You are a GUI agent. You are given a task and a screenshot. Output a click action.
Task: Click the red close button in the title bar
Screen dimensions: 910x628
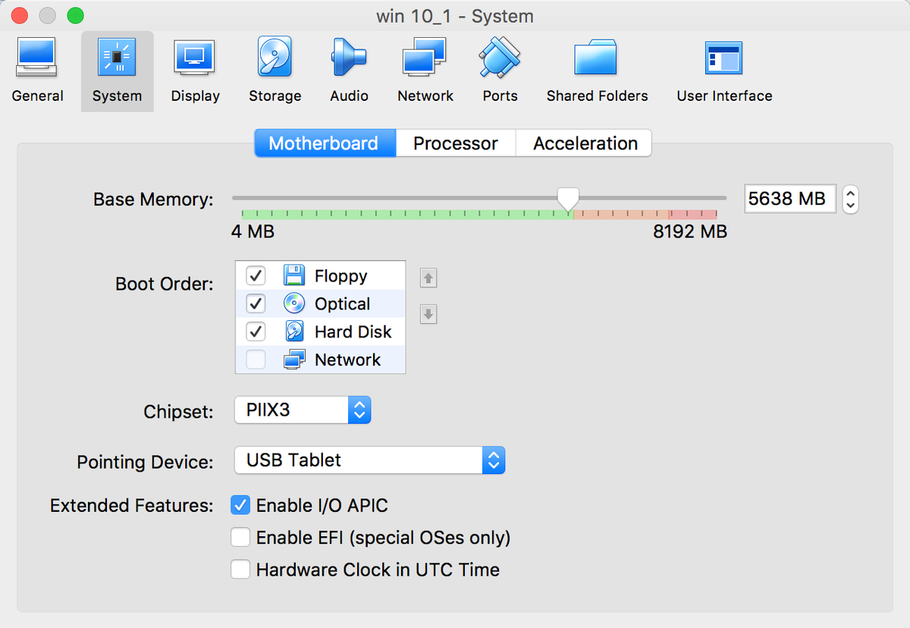20,16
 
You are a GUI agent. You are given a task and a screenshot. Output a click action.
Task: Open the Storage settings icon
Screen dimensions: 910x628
275,56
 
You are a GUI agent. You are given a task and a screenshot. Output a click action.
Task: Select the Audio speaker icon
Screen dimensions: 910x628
349,57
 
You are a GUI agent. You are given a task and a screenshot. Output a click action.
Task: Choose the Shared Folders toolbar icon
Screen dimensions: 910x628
595,57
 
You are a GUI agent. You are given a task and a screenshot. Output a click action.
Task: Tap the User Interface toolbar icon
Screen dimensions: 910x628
723,58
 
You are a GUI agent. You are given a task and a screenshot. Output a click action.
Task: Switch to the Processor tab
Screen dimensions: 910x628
456,143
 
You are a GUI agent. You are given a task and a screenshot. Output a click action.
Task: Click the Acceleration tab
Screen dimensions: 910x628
584,143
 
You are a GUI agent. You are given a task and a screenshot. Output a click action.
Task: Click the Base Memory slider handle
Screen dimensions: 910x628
567,199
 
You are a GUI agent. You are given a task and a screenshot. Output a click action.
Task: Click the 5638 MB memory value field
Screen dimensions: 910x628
789,199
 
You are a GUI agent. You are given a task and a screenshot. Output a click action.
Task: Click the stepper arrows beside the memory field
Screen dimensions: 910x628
850,199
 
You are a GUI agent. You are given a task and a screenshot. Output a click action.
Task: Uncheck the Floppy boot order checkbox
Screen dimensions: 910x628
256,275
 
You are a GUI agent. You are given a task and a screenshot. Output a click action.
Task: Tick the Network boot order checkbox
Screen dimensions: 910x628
256,360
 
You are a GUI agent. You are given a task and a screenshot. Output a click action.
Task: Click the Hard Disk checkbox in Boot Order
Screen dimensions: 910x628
256,331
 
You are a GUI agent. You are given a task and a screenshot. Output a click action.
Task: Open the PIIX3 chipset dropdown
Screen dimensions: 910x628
303,410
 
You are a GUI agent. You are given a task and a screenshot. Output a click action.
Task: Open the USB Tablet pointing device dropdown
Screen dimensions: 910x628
370,460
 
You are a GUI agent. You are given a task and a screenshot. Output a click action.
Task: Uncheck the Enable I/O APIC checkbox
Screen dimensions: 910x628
240,505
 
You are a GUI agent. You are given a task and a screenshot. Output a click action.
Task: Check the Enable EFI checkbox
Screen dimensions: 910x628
240,537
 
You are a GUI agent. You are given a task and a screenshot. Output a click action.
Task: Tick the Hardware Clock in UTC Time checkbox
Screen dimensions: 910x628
240,569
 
